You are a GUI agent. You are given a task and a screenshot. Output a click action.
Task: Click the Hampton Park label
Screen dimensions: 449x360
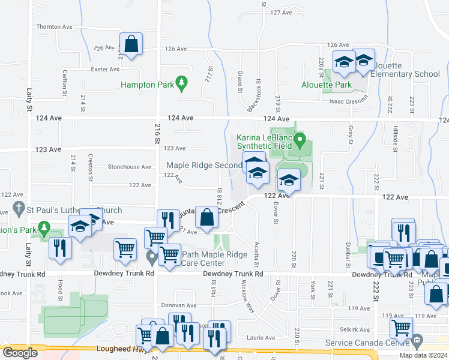pos(147,85)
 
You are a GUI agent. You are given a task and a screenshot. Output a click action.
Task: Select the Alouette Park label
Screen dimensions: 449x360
pos(327,85)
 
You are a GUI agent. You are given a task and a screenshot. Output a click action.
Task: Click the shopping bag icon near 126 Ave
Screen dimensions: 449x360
pos(131,44)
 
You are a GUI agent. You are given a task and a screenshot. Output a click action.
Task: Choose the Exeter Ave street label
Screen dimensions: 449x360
pos(105,69)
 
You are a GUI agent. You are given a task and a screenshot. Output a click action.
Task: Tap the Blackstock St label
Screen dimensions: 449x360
pos(255,96)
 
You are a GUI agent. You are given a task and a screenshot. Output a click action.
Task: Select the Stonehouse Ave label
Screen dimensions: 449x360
pos(129,167)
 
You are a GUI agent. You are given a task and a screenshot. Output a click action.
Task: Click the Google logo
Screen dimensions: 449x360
pos(20,352)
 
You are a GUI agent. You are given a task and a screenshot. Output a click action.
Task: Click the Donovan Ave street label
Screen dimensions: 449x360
pos(179,305)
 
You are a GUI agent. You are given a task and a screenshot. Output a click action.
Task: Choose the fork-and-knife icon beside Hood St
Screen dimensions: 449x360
pos(59,247)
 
